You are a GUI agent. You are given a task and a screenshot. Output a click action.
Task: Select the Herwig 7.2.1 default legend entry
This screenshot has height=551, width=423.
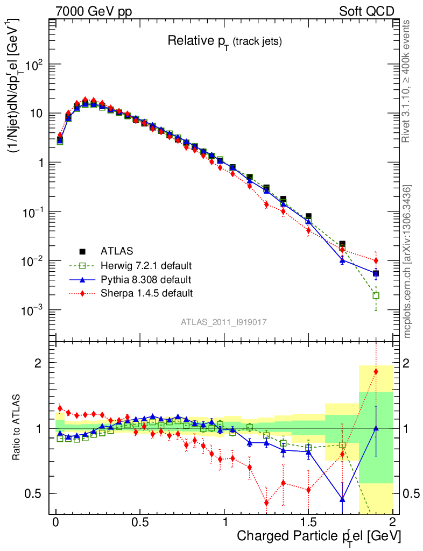click(146, 265)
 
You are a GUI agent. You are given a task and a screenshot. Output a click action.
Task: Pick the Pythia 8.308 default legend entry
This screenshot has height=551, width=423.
click(145, 279)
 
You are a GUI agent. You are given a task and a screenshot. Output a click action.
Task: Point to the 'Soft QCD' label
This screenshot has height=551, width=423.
click(366, 11)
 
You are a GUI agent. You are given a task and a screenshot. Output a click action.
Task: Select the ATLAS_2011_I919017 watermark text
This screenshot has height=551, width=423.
click(224, 322)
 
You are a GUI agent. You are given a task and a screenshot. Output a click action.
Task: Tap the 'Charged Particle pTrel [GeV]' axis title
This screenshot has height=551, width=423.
click(319, 536)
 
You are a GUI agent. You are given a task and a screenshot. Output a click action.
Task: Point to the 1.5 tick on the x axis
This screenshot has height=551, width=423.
click(308, 522)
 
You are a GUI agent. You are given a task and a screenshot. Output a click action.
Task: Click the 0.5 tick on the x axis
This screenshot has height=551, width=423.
click(140, 522)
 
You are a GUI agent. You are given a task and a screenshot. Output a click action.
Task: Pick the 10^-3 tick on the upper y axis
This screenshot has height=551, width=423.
click(35, 310)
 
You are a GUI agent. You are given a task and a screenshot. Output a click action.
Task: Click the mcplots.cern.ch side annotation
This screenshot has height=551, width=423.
click(408, 261)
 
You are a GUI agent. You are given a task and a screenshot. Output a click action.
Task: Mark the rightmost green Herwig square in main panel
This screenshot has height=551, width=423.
click(376, 295)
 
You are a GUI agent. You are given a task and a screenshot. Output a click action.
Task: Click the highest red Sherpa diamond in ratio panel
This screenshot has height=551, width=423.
click(376, 372)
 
